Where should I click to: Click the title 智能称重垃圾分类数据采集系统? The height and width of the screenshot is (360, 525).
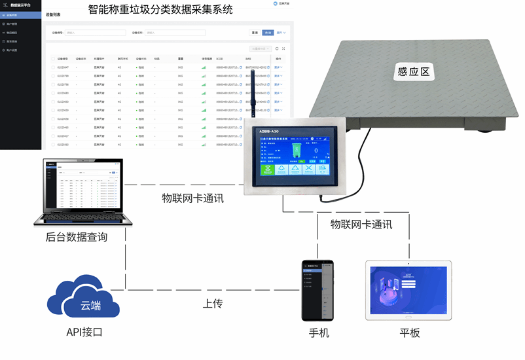(x=160, y=10)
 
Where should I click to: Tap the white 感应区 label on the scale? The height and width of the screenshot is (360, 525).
(x=414, y=72)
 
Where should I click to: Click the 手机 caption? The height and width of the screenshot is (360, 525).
(x=319, y=333)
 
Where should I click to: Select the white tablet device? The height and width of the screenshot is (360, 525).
(x=409, y=289)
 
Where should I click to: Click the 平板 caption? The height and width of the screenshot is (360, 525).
(x=410, y=333)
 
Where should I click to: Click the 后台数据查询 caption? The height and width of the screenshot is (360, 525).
(x=77, y=237)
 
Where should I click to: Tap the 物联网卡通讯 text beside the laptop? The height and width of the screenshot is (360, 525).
(x=192, y=198)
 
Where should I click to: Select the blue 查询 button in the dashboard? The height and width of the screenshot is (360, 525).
(x=268, y=32)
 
